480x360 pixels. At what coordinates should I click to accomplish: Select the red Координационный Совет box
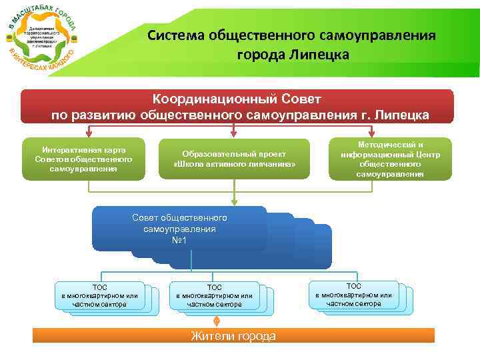coord(237,106)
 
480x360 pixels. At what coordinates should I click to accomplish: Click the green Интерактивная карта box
coord(83,159)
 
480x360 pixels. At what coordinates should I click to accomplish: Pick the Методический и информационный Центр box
coord(390,159)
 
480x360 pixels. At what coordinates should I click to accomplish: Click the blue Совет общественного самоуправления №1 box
coord(179,229)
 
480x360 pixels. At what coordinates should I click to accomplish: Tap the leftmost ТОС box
coord(99,295)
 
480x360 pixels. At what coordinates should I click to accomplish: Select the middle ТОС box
coord(214,295)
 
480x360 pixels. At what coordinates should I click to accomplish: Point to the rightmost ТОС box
coord(353,294)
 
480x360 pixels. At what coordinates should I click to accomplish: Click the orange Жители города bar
coord(233,335)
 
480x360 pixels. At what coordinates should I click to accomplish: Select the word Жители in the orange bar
coord(211,335)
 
